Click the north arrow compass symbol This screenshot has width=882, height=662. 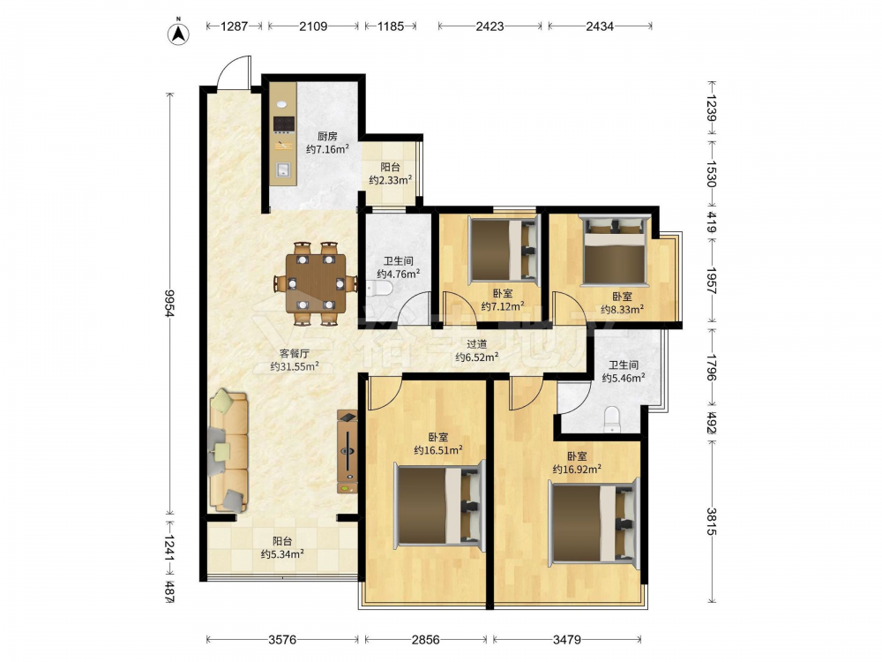click(178, 32)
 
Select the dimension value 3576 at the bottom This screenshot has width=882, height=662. click(282, 639)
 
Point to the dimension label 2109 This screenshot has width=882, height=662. click(313, 26)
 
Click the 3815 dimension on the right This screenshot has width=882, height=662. click(712, 522)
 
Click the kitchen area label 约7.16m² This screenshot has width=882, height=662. click(327, 149)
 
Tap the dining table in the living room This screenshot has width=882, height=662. click(316, 283)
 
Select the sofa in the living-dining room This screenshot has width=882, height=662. click(228, 452)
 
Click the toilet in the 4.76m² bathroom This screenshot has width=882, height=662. click(379, 290)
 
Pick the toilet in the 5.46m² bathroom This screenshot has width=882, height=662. click(611, 419)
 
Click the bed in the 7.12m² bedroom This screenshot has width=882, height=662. click(504, 250)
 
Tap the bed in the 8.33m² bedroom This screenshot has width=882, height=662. click(615, 250)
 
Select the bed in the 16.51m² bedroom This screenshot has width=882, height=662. click(438, 504)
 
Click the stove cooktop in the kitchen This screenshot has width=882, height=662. click(284, 124)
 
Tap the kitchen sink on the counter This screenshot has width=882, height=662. click(283, 169)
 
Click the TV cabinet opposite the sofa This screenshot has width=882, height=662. click(347, 452)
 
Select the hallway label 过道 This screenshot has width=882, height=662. click(477, 344)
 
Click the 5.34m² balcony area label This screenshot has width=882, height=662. click(282, 554)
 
